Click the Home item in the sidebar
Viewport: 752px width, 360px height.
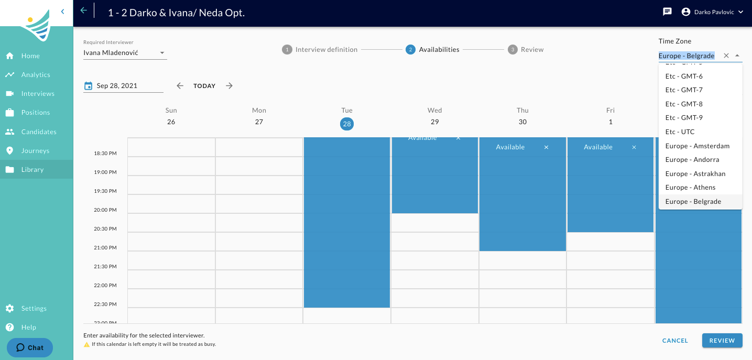click(x=30, y=56)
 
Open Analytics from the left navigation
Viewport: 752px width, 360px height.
click(x=36, y=74)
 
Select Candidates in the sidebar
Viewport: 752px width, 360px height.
click(x=39, y=132)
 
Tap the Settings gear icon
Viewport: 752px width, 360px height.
click(x=10, y=308)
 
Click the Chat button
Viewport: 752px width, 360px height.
click(x=30, y=347)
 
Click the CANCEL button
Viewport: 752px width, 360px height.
click(x=675, y=341)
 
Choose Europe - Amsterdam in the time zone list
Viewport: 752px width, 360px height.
click(x=697, y=146)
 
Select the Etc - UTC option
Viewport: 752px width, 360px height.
click(x=680, y=132)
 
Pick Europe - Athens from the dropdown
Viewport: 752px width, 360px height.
click(x=690, y=188)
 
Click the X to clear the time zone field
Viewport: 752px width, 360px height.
click(x=726, y=56)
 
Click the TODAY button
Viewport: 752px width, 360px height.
click(x=204, y=86)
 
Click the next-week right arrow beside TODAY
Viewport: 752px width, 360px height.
click(x=230, y=86)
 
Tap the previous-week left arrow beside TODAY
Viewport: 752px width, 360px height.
click(x=180, y=86)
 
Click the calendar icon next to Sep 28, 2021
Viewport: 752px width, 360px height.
click(x=88, y=86)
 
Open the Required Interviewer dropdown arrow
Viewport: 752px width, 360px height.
click(x=162, y=53)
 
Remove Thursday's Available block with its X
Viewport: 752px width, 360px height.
click(x=546, y=147)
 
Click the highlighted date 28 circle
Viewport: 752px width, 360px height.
click(x=347, y=124)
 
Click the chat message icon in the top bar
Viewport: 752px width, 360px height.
click(x=667, y=12)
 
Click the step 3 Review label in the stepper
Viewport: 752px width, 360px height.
click(x=532, y=49)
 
